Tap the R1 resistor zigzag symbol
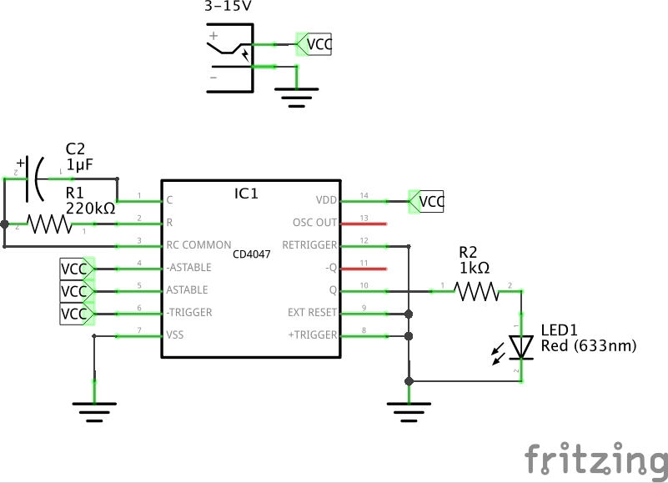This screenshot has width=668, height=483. (x=49, y=224)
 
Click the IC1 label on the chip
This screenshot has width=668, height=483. (x=246, y=194)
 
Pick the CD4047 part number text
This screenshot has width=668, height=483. (x=251, y=254)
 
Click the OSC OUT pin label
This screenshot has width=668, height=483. (x=314, y=223)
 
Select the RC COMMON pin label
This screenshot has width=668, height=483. (x=199, y=245)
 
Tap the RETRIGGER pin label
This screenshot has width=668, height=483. (x=309, y=245)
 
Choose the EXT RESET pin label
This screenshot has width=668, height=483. (x=312, y=313)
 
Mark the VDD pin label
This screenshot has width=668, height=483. (x=326, y=200)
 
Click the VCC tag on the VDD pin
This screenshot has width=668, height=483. (x=429, y=201)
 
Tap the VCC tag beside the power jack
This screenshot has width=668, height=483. (x=315, y=44)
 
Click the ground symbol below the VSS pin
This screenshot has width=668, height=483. (x=94, y=408)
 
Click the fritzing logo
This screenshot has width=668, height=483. (x=595, y=460)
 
